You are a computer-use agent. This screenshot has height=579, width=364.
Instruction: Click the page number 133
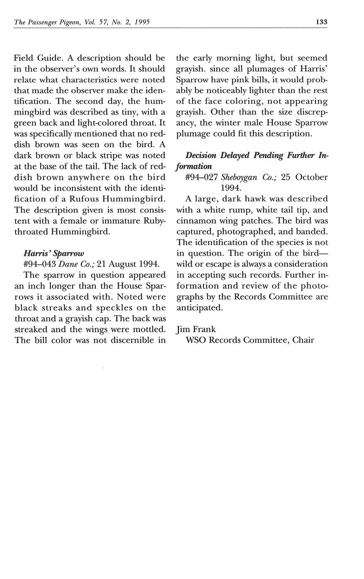coord(321,22)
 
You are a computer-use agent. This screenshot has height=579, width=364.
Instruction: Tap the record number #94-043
coord(40,264)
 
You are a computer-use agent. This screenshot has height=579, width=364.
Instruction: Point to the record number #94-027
coord(201,177)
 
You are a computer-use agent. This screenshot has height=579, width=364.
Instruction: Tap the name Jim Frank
coord(196,329)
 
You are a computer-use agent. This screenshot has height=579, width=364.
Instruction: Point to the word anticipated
coord(199,308)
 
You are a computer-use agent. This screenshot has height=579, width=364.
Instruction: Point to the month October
coord(312,177)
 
